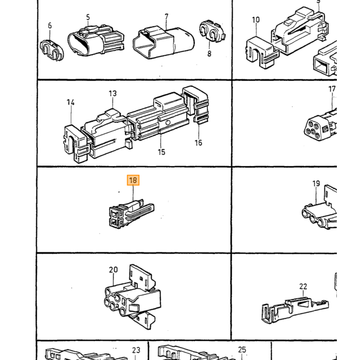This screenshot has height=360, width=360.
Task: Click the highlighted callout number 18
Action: click(x=133, y=180)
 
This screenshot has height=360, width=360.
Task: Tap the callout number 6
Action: click(x=50, y=26)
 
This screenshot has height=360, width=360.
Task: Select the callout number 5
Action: click(x=88, y=17)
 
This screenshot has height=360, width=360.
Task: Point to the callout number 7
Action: click(x=167, y=16)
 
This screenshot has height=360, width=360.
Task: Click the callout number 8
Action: click(x=209, y=53)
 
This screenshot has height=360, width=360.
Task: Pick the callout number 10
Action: click(x=256, y=20)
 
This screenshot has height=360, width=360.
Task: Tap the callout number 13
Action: click(x=113, y=93)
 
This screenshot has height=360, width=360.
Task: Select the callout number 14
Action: click(x=71, y=102)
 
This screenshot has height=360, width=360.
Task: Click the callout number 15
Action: click(x=161, y=152)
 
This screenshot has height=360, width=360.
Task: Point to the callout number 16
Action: click(x=199, y=142)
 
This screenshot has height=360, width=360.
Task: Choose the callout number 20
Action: click(x=114, y=269)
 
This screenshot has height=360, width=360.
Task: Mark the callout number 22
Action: click(x=303, y=286)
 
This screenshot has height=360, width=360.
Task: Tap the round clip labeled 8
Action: click(x=212, y=31)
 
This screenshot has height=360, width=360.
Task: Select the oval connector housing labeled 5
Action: click(x=96, y=41)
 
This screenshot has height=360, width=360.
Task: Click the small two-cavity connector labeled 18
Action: click(x=131, y=213)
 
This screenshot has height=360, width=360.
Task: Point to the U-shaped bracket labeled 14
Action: click(x=76, y=143)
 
